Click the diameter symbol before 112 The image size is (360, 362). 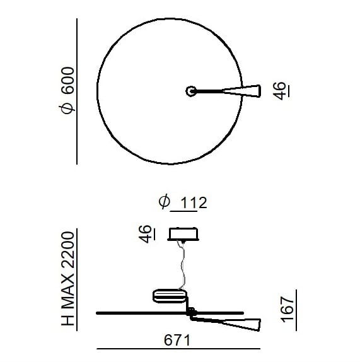(163, 202)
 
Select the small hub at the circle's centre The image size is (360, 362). (190, 91)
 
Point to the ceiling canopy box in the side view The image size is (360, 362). (184, 234)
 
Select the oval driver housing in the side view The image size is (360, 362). (170, 295)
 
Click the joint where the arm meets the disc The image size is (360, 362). (191, 312)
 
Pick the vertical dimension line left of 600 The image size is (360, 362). (78, 91)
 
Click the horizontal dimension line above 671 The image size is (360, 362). (178, 349)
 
